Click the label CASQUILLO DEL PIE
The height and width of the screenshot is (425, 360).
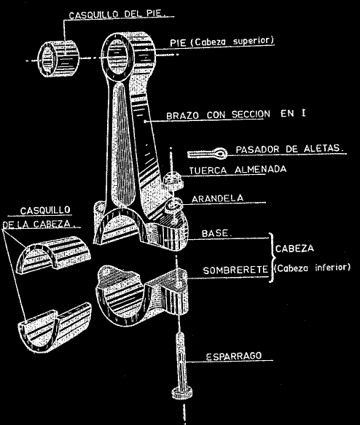point(117,14)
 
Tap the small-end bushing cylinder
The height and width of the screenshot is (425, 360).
point(58,58)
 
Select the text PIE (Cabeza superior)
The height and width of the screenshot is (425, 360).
point(222,42)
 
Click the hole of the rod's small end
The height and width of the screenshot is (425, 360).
point(117,57)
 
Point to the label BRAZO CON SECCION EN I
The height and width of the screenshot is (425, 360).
point(236,114)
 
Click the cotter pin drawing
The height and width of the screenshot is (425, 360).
point(208,153)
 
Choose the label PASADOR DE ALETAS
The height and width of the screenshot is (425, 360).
point(289,149)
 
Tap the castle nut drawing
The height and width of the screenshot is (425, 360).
point(173,180)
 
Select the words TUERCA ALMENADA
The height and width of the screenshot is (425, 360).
point(238,170)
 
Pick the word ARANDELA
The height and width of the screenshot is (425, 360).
point(217,198)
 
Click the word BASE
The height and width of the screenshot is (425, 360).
point(216,233)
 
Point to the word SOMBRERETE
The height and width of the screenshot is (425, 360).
point(235,270)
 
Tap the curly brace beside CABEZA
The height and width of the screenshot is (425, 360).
point(273,257)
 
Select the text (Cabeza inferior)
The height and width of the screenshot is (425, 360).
point(313,268)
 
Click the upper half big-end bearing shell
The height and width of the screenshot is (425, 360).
point(54,255)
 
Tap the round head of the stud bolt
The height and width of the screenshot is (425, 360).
point(181,393)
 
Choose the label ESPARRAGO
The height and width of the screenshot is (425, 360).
point(234,356)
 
